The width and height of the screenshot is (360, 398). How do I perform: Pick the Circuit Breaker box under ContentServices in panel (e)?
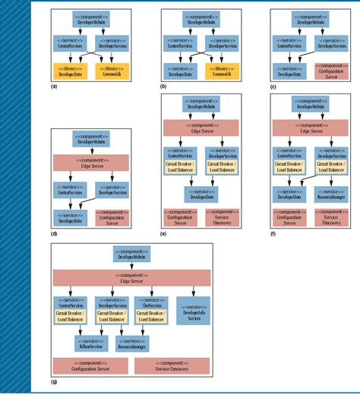click(x=181, y=166)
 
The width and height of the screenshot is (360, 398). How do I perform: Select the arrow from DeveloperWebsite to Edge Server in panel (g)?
click(x=124, y=269)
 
